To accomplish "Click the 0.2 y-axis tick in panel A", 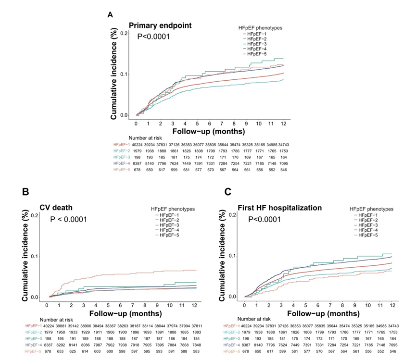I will pos(124,33).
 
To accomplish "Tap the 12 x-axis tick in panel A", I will pos(283,124).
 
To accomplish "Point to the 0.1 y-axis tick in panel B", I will pos(34,256).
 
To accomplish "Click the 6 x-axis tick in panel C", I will pos(318,305).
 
